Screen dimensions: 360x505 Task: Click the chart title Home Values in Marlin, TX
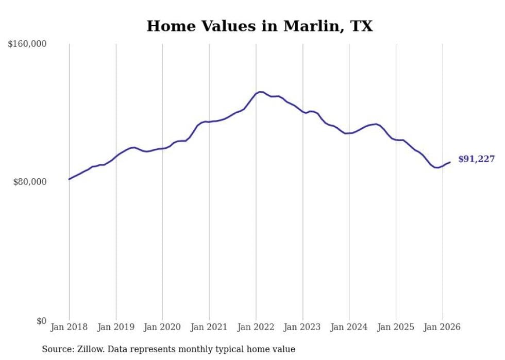(x=259, y=26)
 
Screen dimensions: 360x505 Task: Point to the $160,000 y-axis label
(x=27, y=44)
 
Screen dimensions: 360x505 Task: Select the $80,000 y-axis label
(x=30, y=182)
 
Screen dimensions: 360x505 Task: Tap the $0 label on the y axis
(x=41, y=321)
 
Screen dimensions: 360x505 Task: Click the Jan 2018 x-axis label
(x=69, y=327)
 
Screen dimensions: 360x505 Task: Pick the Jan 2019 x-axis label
(x=116, y=327)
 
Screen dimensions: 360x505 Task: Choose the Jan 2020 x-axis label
(x=162, y=327)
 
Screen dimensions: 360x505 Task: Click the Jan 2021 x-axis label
(x=209, y=327)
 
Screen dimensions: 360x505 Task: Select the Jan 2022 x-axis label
(x=256, y=327)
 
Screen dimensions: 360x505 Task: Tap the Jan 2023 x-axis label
(x=302, y=327)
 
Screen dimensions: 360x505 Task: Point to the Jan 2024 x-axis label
(x=349, y=327)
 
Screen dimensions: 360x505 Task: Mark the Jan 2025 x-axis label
(x=396, y=327)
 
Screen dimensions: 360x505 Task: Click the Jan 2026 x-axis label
(x=443, y=327)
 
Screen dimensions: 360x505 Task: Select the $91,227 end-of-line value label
(x=476, y=159)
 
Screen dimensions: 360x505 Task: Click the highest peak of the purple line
(x=260, y=92)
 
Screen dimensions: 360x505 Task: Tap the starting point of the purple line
(x=69, y=179)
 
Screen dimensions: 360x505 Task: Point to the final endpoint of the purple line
(x=450, y=162)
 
